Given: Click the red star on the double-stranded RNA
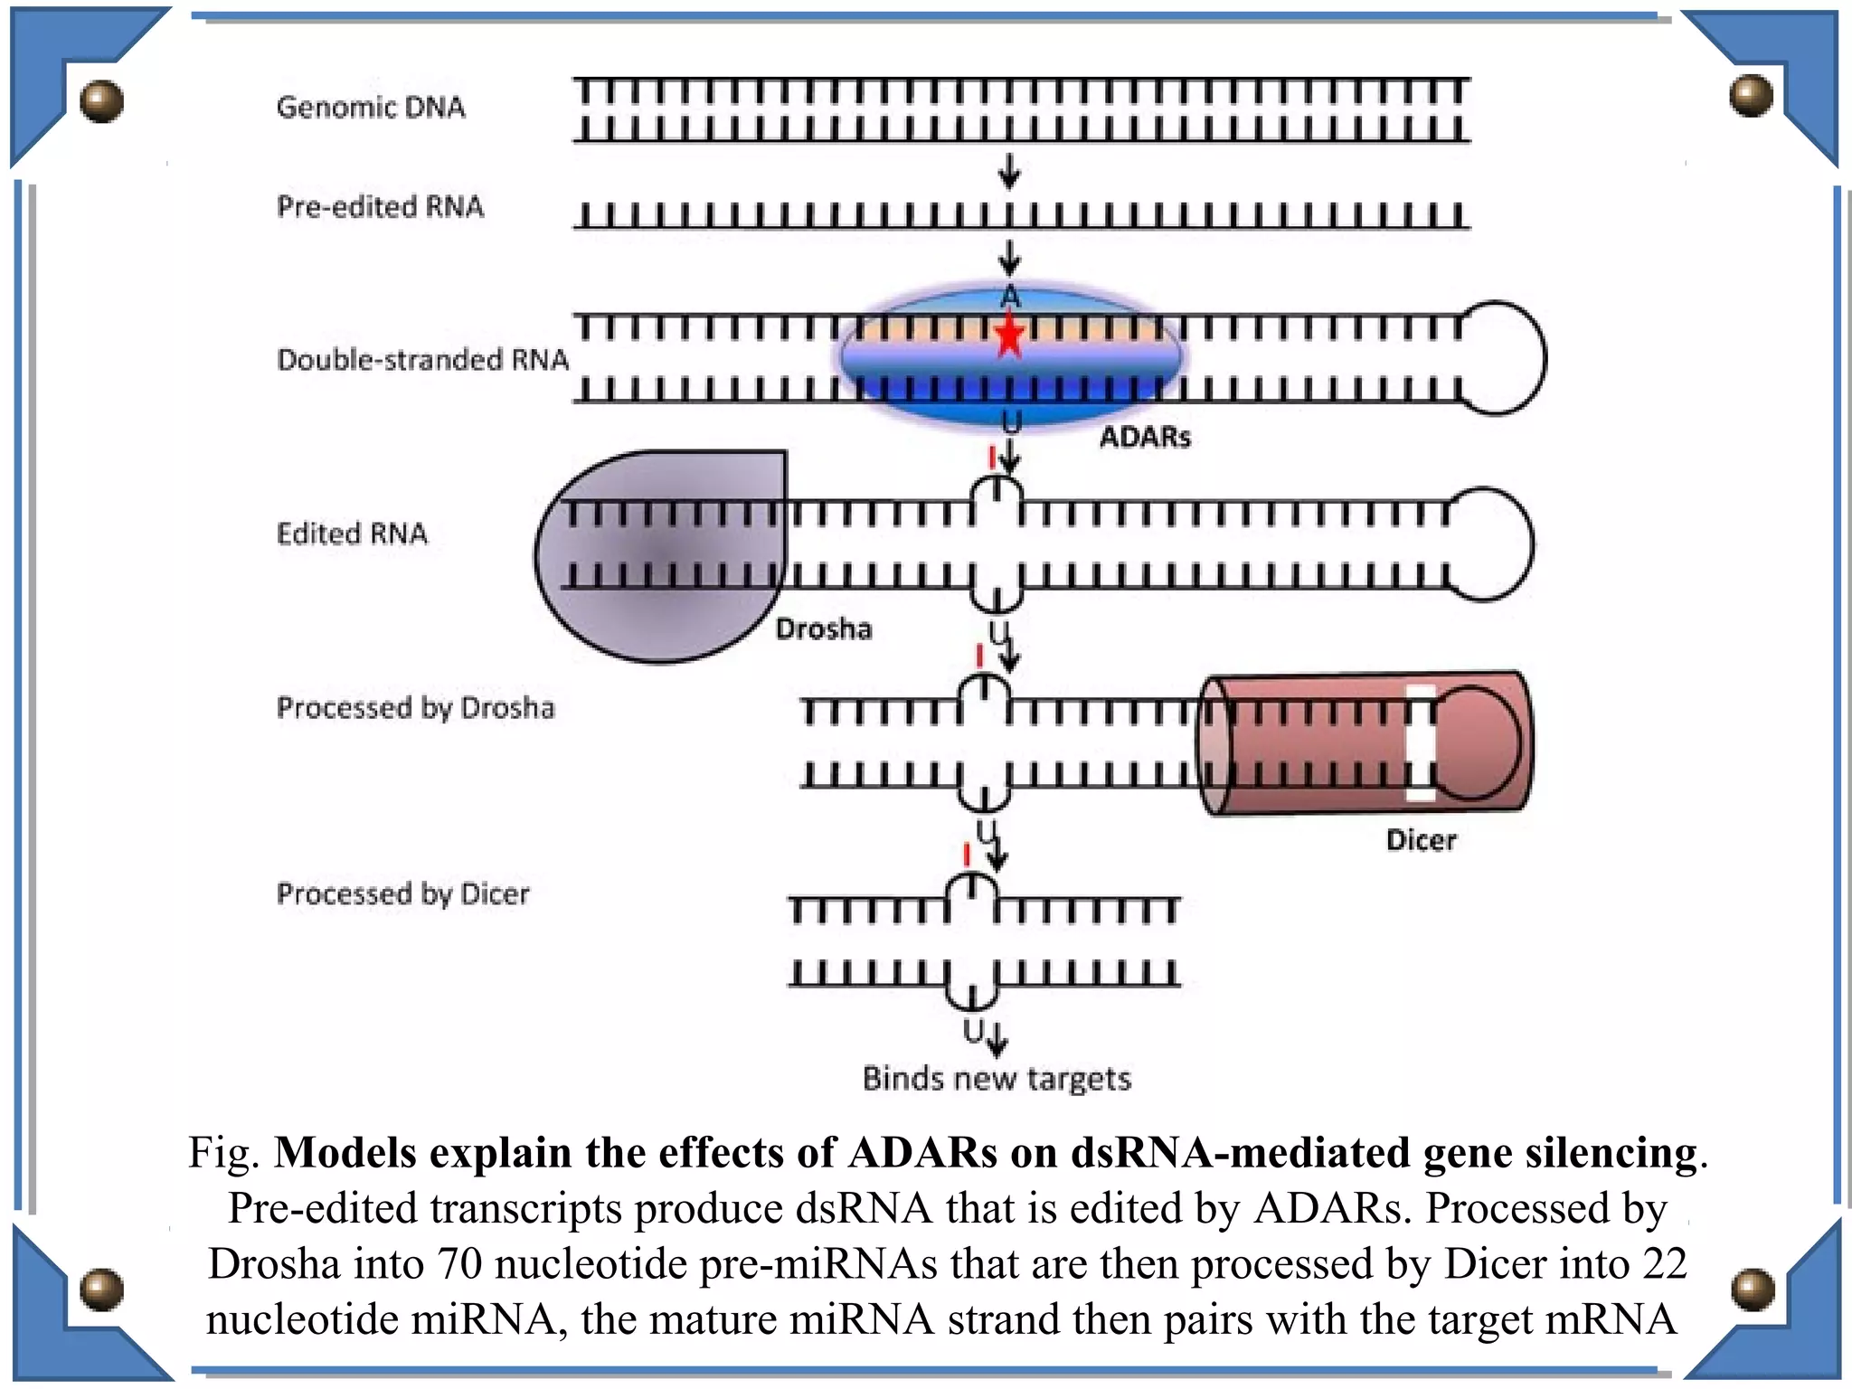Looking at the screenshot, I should (x=1009, y=335).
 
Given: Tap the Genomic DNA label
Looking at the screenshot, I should (x=371, y=108).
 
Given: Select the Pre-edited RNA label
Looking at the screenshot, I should (x=380, y=207).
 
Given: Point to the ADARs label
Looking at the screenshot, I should (x=1145, y=438).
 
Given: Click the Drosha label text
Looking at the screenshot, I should (x=824, y=629).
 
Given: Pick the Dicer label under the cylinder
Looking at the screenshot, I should (x=1421, y=841).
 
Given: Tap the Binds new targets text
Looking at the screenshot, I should (x=997, y=1079).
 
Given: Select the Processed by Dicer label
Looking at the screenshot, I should (x=402, y=894).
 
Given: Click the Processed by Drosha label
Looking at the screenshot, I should (x=415, y=708).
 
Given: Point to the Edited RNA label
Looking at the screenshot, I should (x=352, y=534).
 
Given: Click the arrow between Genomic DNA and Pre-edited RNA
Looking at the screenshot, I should (x=1009, y=171).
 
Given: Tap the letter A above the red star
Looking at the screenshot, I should (x=1010, y=297).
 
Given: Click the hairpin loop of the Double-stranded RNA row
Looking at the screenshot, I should (x=1505, y=358).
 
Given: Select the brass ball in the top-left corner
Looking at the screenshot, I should (x=100, y=100).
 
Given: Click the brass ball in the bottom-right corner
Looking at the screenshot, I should (x=1753, y=1289).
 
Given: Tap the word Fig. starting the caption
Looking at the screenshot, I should (x=224, y=1154).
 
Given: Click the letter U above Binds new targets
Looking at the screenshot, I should (x=973, y=1031).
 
